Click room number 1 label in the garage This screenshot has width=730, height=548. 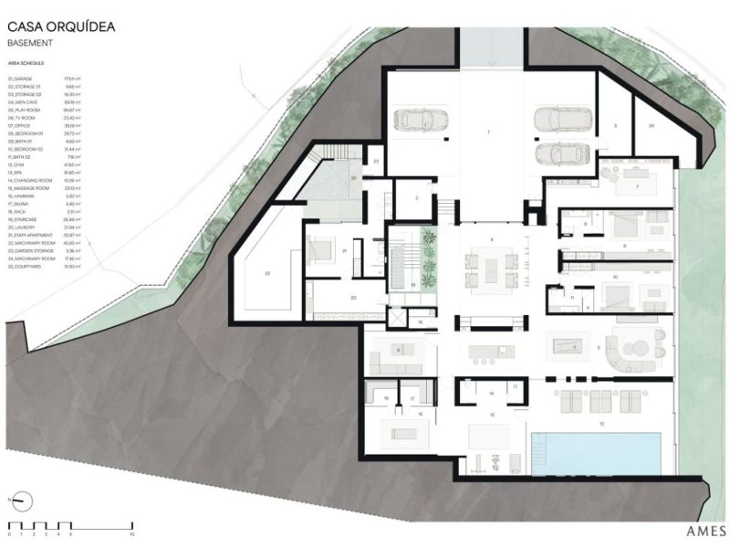489,132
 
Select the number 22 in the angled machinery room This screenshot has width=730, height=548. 267,272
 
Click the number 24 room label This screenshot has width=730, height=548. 651,123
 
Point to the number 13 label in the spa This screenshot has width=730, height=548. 601,425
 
